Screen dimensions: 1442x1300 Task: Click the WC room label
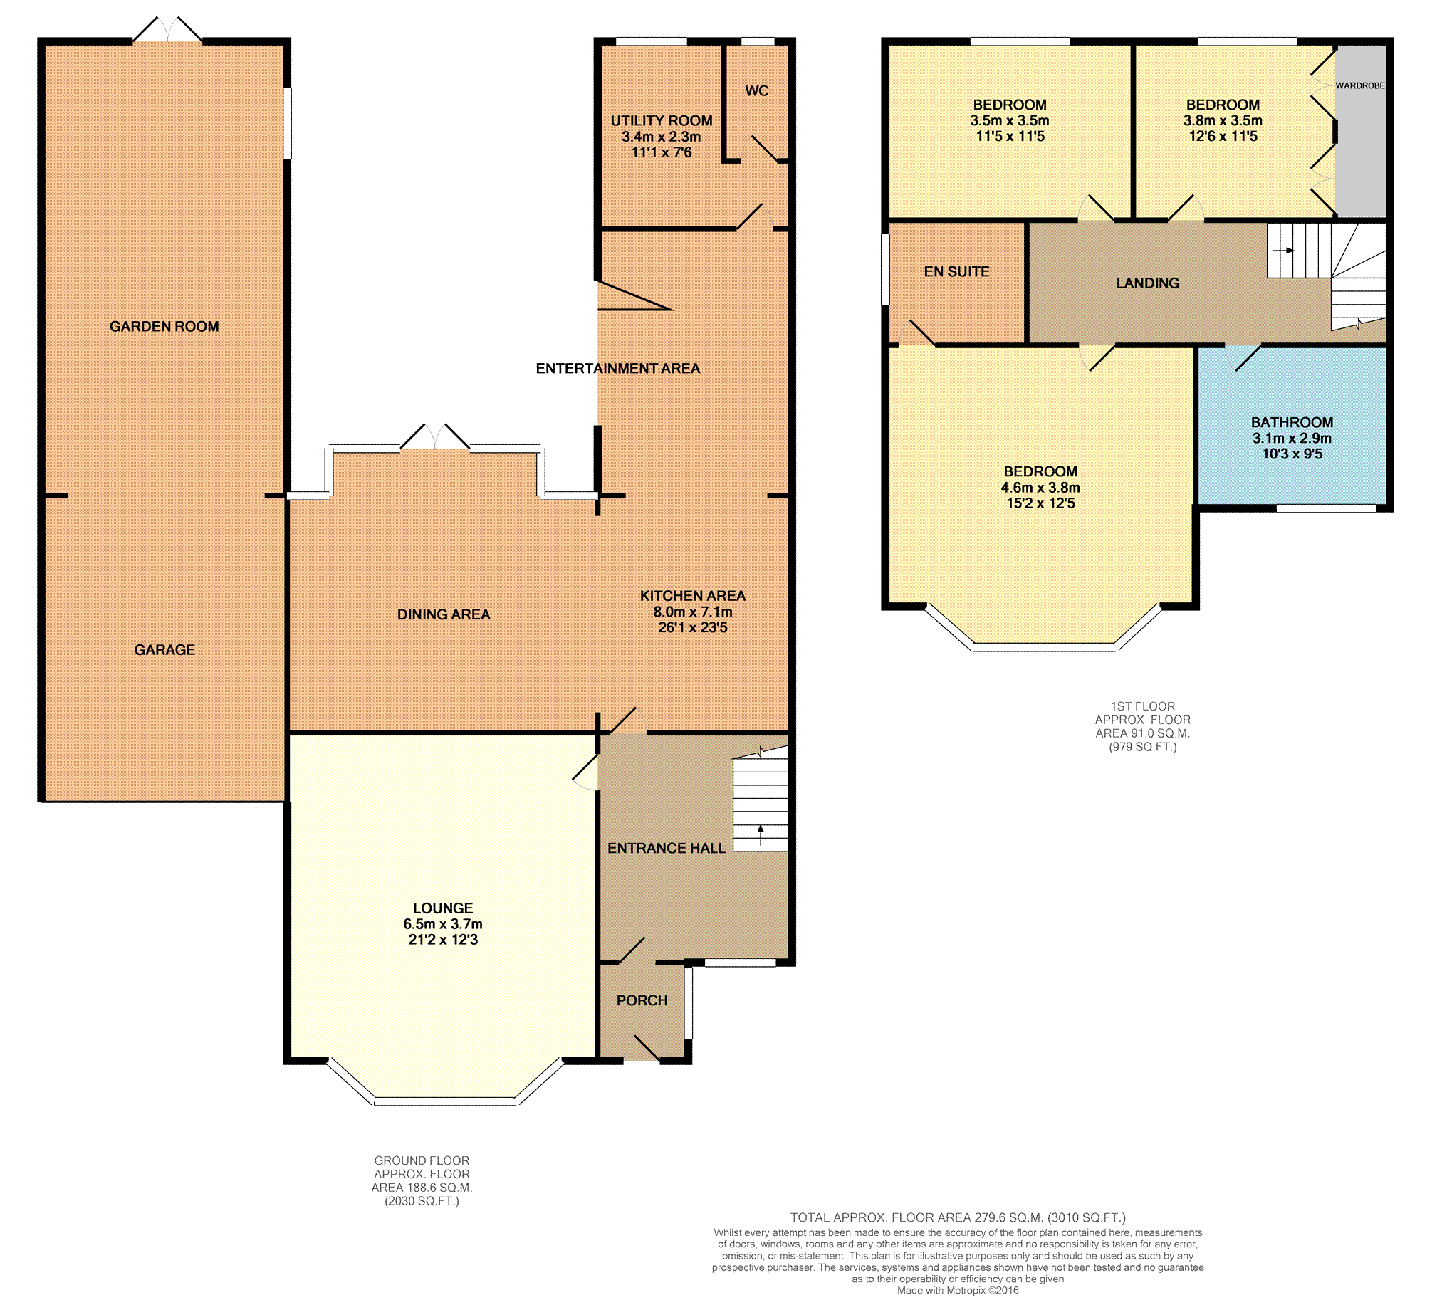757,90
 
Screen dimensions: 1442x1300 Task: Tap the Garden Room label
164,327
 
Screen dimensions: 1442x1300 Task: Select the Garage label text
164,650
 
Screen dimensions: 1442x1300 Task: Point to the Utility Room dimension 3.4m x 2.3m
661,137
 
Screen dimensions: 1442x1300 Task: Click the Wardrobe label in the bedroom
1360,85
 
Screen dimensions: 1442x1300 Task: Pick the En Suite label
957,271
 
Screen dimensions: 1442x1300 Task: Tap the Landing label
1148,283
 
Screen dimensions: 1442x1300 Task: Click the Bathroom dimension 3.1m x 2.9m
1292,438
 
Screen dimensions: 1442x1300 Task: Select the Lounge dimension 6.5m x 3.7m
443,923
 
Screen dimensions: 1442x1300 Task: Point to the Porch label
642,1001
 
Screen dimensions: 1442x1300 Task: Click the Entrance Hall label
667,848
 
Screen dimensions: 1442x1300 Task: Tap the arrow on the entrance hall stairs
761,835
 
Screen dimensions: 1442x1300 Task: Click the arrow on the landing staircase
1284,251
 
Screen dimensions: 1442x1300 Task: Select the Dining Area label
444,614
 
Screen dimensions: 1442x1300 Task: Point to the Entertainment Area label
618,369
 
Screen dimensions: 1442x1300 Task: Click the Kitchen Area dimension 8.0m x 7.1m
692,612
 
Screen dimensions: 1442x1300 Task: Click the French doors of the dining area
435,436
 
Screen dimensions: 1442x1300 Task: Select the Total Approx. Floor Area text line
958,1217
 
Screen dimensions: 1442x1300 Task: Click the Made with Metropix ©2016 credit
958,1290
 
